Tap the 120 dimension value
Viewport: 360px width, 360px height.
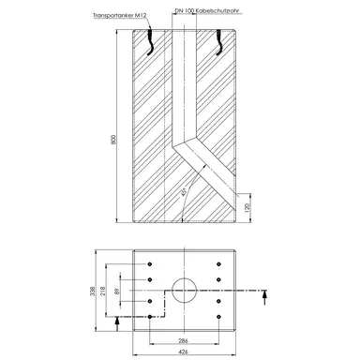(247, 207)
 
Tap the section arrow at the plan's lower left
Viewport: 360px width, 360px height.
(115, 322)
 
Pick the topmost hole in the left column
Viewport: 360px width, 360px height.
(149, 265)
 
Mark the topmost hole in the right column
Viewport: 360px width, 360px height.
(217, 265)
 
